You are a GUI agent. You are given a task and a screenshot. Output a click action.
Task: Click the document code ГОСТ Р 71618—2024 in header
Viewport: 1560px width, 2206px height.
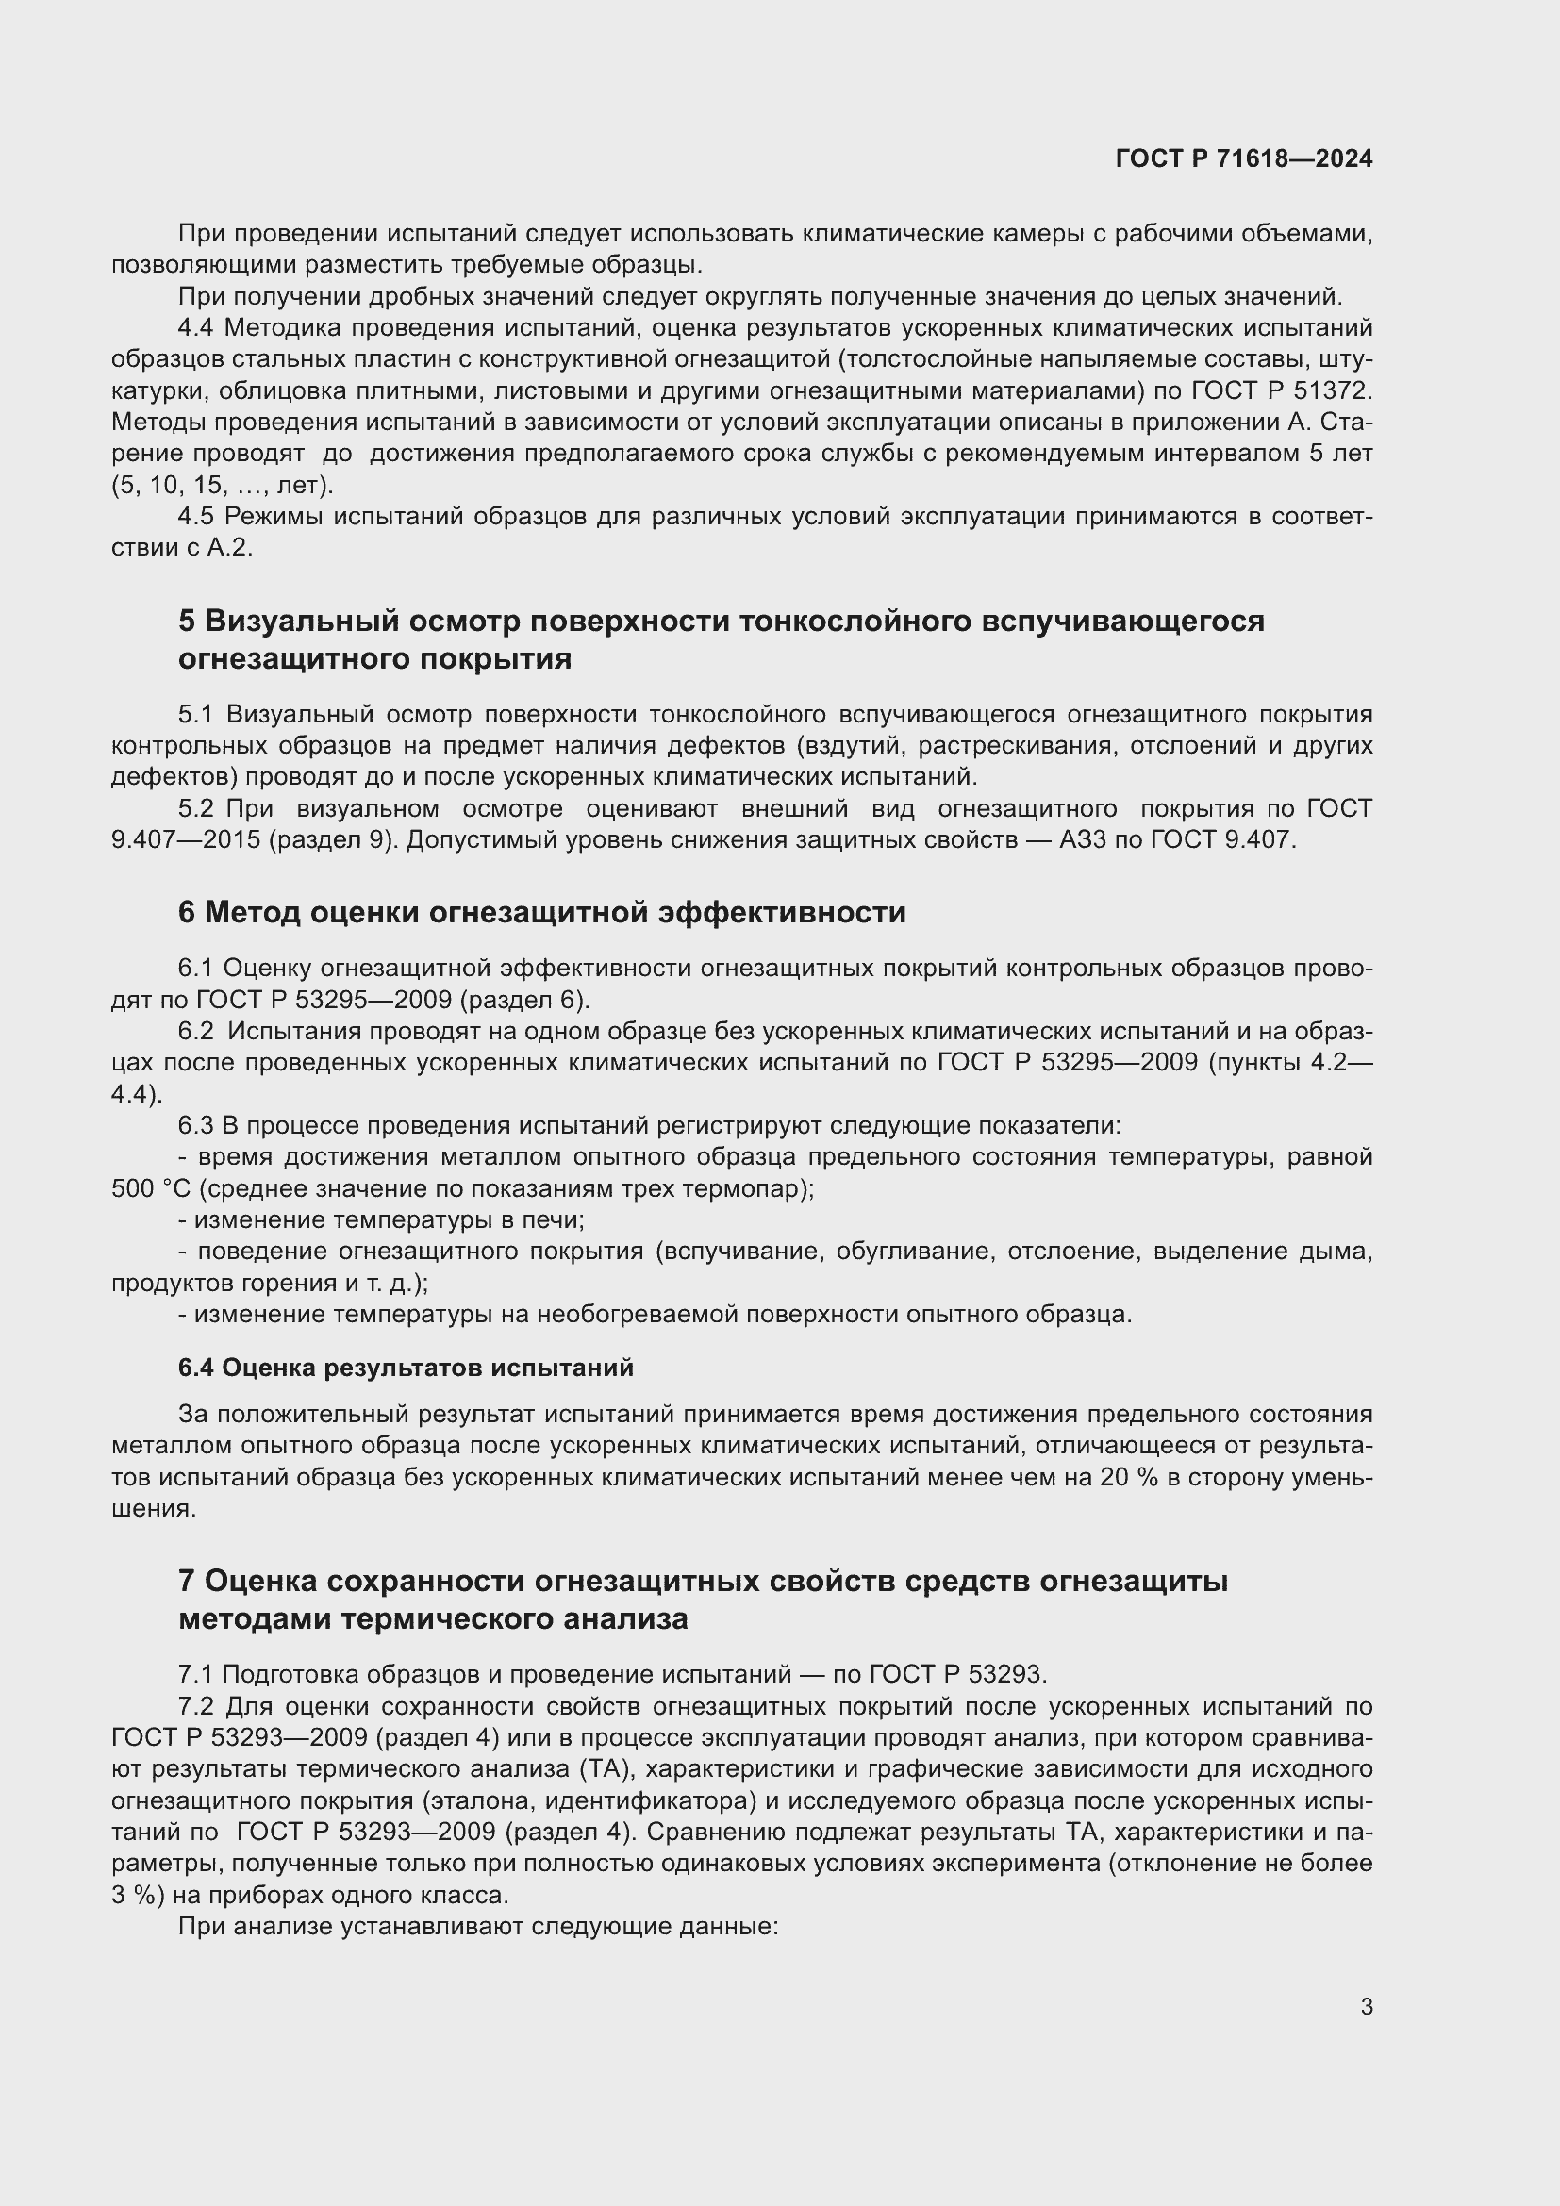pyautogui.click(x=1244, y=158)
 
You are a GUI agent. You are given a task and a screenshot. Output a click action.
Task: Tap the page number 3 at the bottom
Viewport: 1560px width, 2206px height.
pyautogui.click(x=1366, y=2006)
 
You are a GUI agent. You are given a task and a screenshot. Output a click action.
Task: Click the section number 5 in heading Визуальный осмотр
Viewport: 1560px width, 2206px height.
pyautogui.click(x=187, y=621)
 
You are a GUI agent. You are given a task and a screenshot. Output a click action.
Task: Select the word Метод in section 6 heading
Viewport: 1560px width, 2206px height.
pyautogui.click(x=253, y=912)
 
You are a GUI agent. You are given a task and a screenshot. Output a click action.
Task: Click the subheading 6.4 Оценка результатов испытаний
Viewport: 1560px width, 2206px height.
pyautogui.click(x=406, y=1368)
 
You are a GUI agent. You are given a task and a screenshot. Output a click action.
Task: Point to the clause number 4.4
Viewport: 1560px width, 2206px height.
pyautogui.click(x=195, y=327)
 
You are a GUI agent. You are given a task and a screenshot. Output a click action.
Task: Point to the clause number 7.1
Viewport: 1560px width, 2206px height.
pyautogui.click(x=195, y=1675)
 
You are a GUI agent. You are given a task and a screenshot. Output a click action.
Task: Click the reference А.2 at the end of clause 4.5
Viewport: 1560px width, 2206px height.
pyautogui.click(x=229, y=549)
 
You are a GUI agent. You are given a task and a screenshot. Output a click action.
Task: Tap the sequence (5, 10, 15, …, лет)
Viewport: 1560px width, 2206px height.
pyautogui.click(x=222, y=485)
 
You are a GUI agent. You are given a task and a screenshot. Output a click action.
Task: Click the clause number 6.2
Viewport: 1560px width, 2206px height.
pyautogui.click(x=195, y=1031)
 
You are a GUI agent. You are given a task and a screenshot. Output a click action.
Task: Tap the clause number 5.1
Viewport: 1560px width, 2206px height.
pyautogui.click(x=195, y=714)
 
